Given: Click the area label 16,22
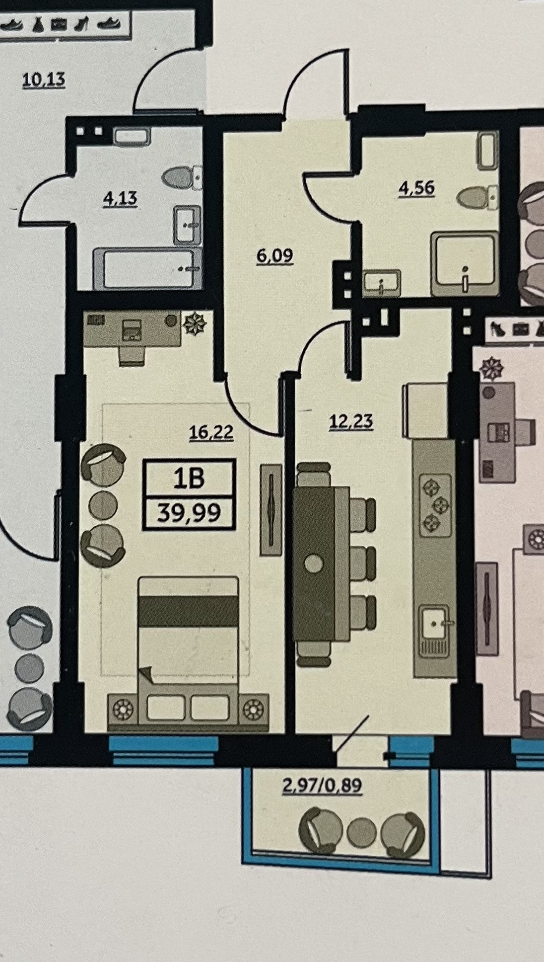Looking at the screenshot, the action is coord(211,432).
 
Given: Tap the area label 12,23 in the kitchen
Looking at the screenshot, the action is coord(351,421).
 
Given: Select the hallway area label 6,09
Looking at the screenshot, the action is coord(274,256).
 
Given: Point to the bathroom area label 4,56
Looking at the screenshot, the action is coord(417,188).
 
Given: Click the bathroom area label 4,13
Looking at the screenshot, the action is coord(120,198).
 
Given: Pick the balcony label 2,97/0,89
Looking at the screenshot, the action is coord(322,786).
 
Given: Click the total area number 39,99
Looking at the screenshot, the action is coord(189,512).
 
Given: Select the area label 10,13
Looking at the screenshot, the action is coord(44,80).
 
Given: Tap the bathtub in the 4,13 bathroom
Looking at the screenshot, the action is coord(148,268).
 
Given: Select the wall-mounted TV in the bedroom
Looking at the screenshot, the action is coord(271,509).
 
